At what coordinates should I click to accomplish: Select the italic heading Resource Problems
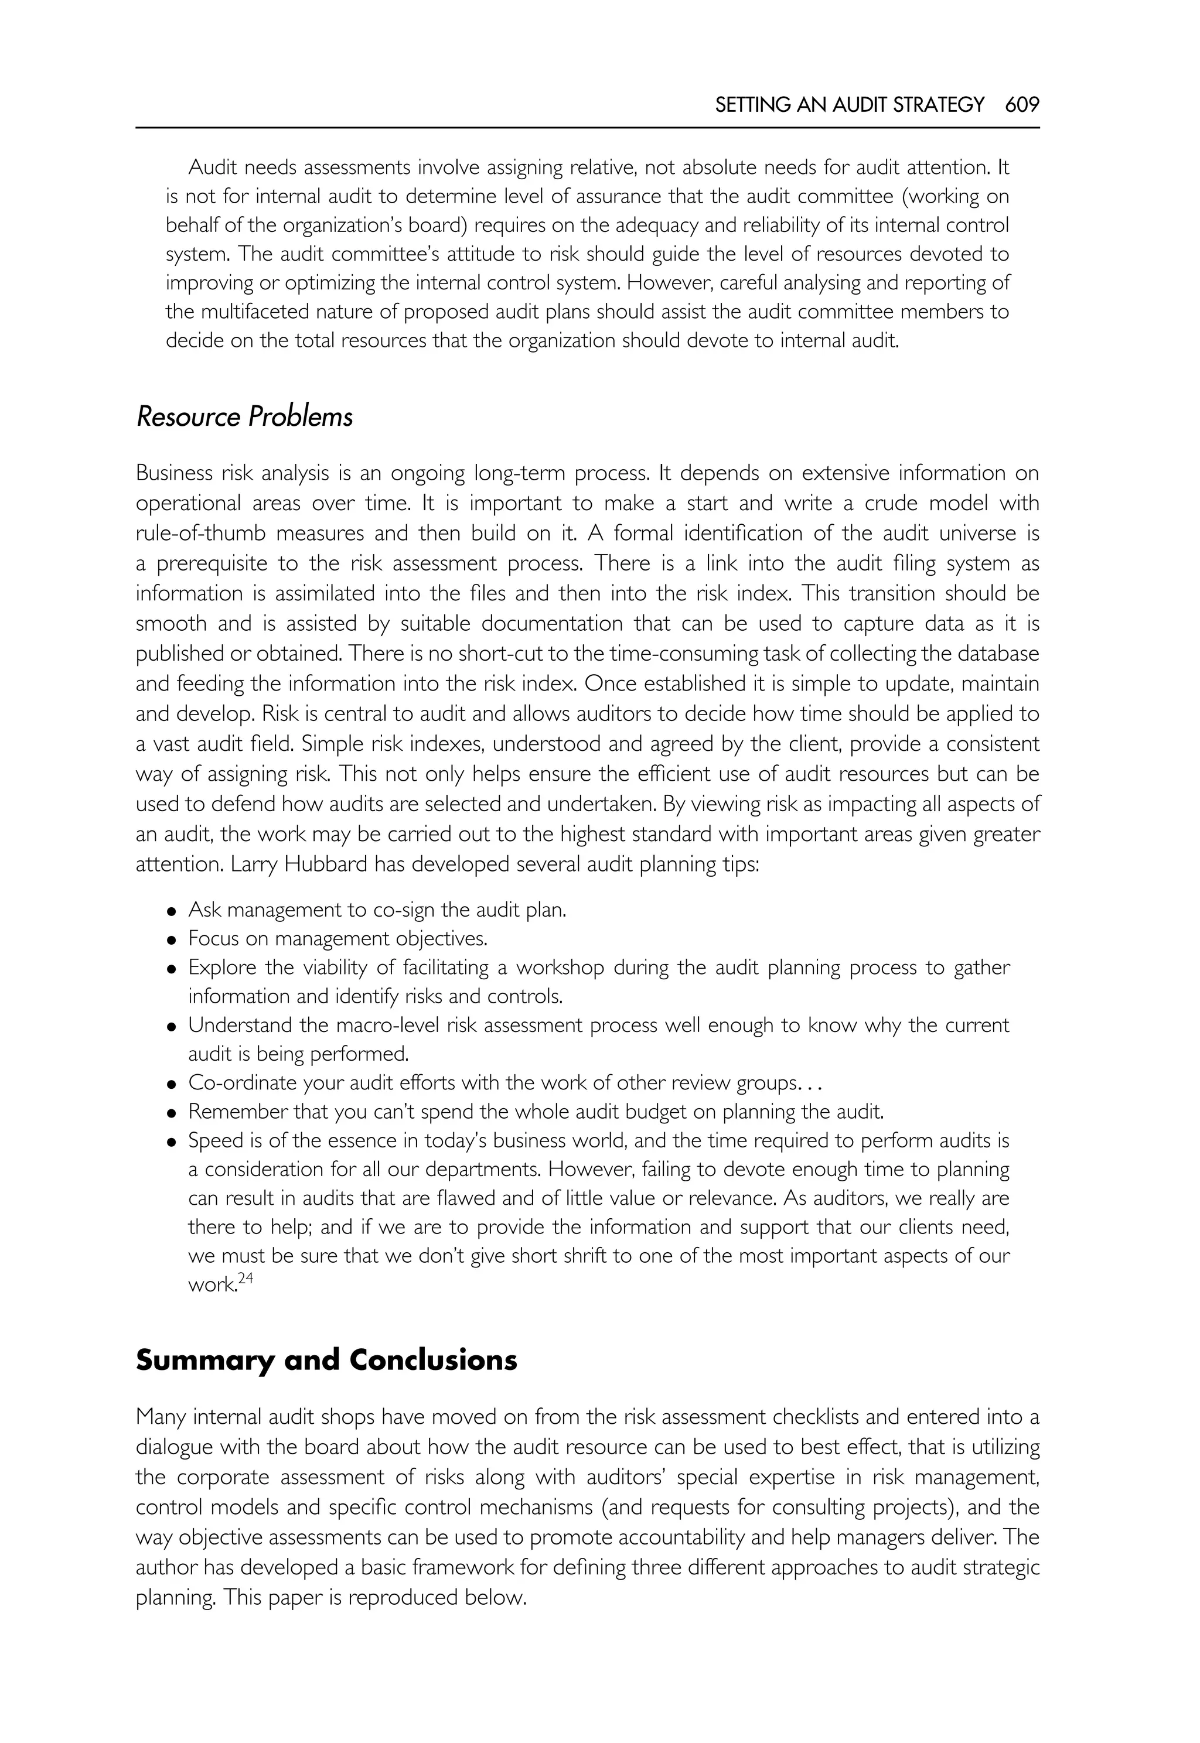coord(244,417)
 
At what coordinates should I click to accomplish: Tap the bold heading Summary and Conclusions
coord(326,1361)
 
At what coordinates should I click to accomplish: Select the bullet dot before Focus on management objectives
coord(172,939)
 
